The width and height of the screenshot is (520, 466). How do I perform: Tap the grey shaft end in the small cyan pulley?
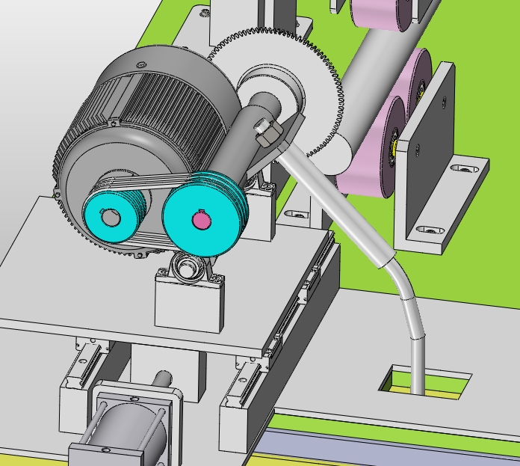pos(110,218)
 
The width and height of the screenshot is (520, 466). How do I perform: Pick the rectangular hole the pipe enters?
pos(426,381)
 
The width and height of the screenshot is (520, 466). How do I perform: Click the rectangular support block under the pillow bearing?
pos(188,303)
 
